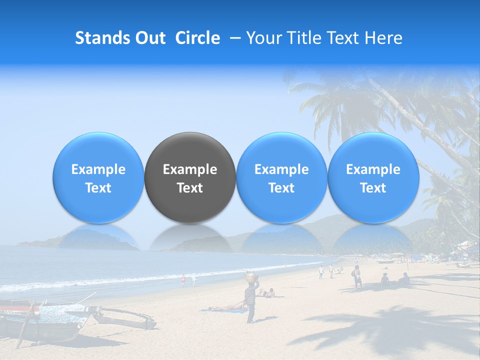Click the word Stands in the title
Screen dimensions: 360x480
pos(99,38)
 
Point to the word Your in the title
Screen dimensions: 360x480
pos(263,38)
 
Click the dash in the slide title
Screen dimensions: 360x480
pos(232,38)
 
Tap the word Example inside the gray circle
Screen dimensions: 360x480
pos(190,169)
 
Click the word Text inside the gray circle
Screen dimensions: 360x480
pos(190,188)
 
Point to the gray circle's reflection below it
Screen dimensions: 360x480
pos(190,237)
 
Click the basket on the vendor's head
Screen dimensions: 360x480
pos(250,275)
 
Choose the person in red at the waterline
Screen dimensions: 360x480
pos(183,280)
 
